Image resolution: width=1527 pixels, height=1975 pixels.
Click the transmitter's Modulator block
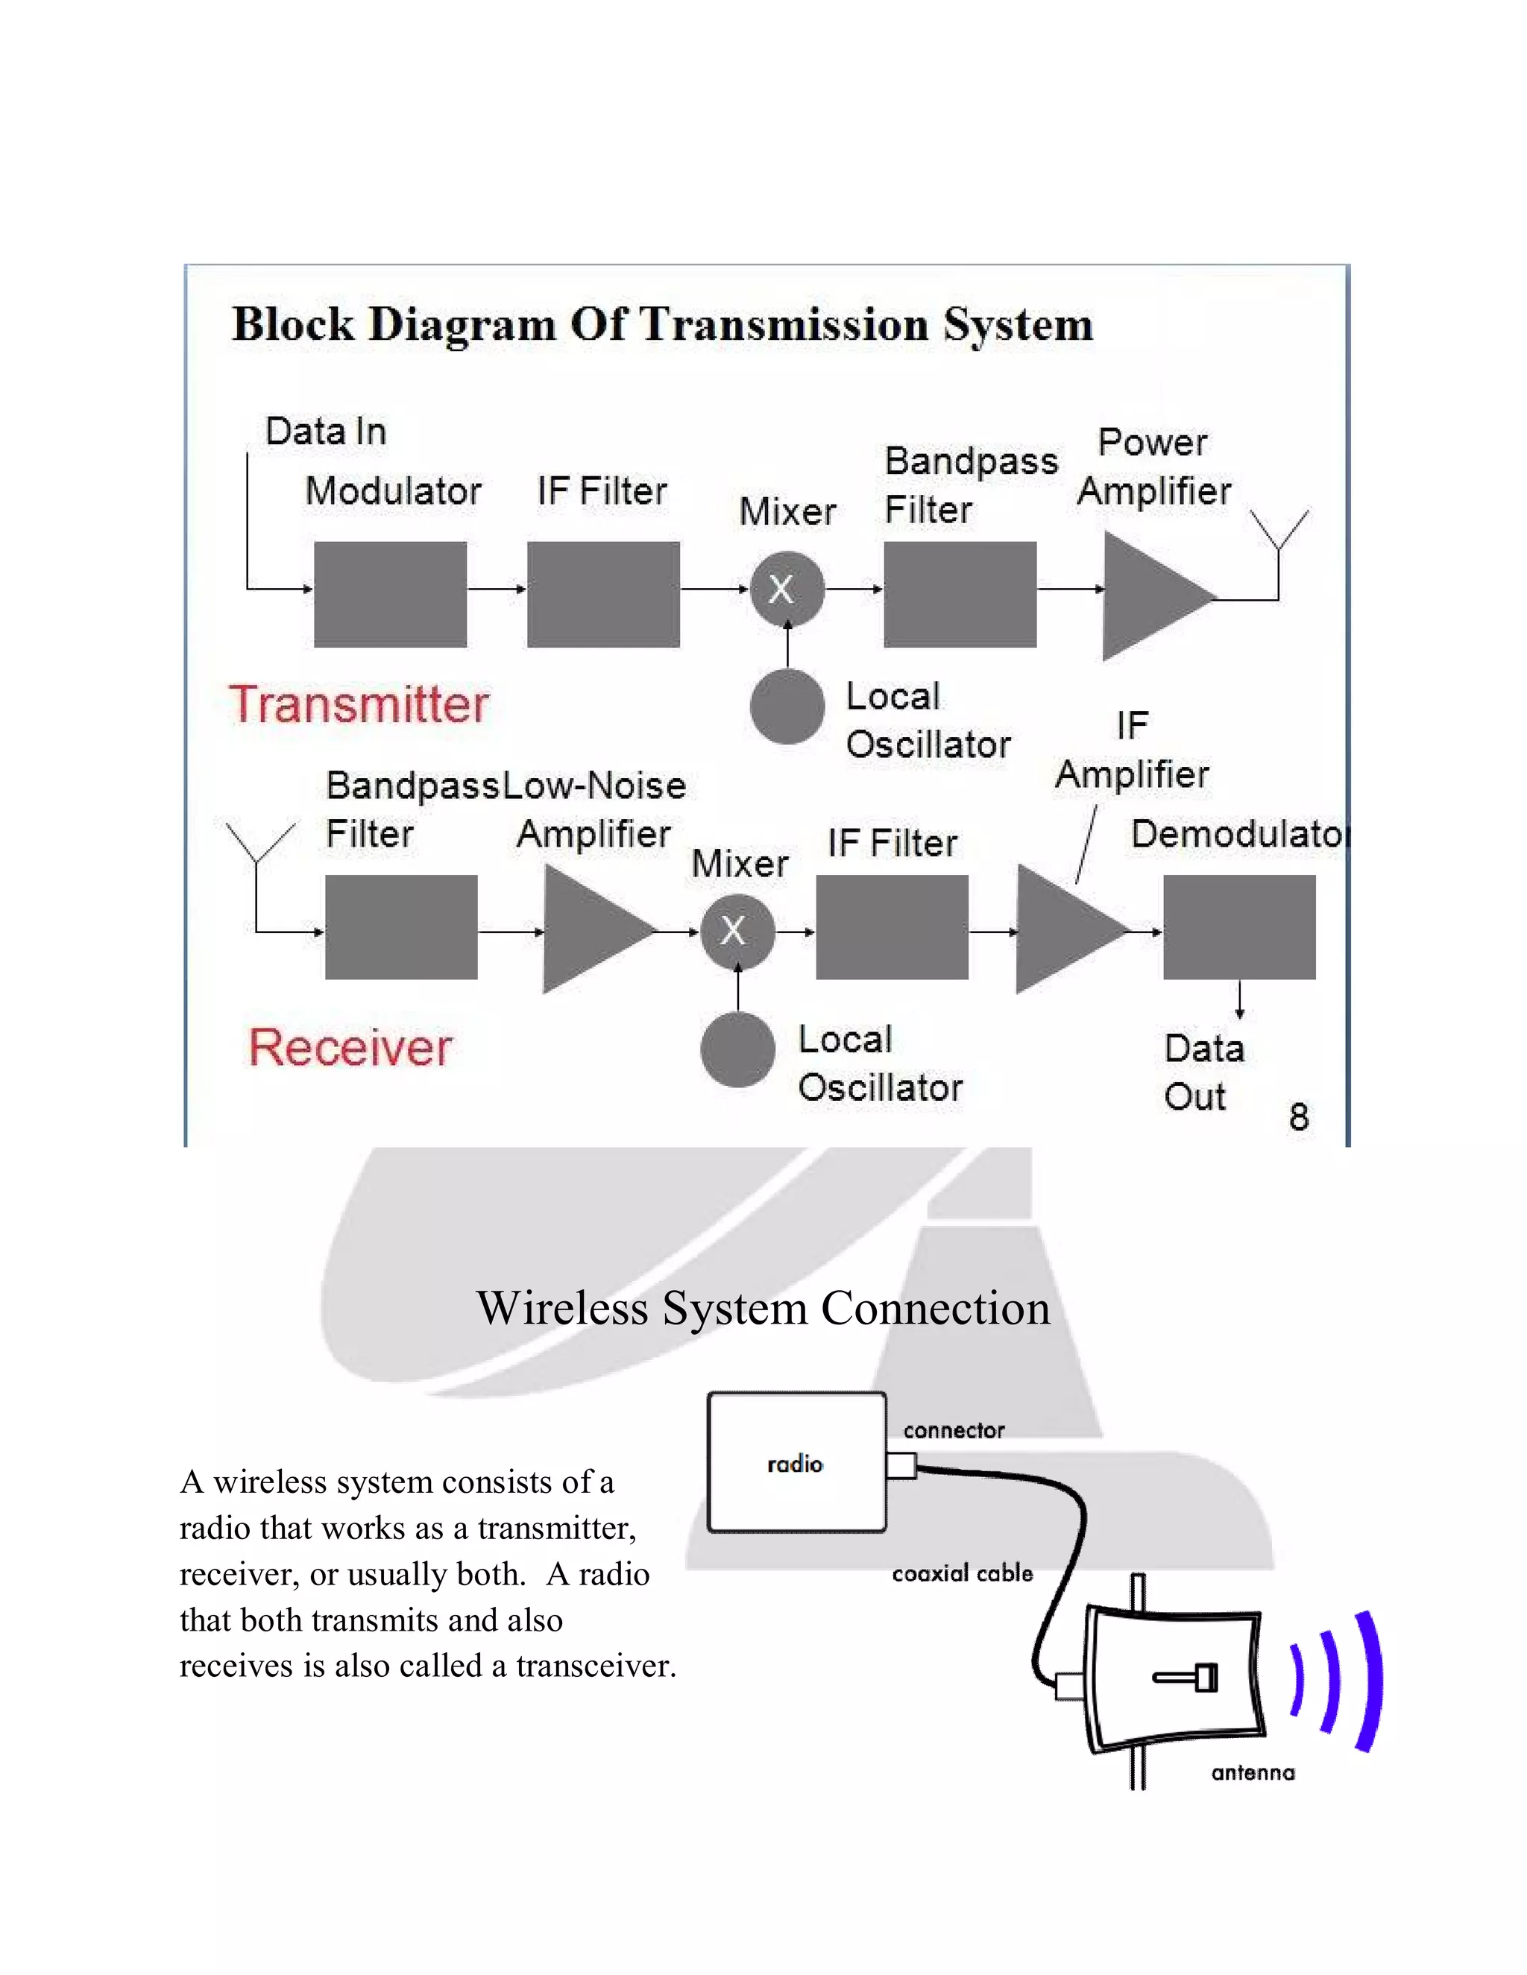pos(390,594)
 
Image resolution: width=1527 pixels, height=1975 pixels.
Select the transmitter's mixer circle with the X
pos(787,590)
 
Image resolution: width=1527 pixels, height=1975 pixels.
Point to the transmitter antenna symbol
pos(1279,534)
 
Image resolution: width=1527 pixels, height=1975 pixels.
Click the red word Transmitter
pos(359,704)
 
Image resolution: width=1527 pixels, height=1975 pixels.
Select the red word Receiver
pos(350,1047)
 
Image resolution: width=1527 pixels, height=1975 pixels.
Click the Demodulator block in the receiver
pos(1238,927)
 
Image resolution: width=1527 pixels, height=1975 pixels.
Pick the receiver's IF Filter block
pos(892,927)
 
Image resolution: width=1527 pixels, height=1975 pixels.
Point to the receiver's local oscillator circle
pos(737,1050)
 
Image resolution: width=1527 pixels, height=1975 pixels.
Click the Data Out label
pos(1203,1072)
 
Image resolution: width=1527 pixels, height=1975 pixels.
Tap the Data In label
pos(326,432)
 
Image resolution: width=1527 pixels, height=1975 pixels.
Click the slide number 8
pos(1298,1117)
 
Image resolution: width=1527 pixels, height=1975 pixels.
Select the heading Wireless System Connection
pos(763,1308)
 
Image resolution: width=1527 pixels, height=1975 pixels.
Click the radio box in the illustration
pos(796,1463)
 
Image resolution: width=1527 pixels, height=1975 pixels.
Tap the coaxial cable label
pos(962,1574)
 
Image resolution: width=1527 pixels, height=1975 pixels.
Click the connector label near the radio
pos(954,1431)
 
